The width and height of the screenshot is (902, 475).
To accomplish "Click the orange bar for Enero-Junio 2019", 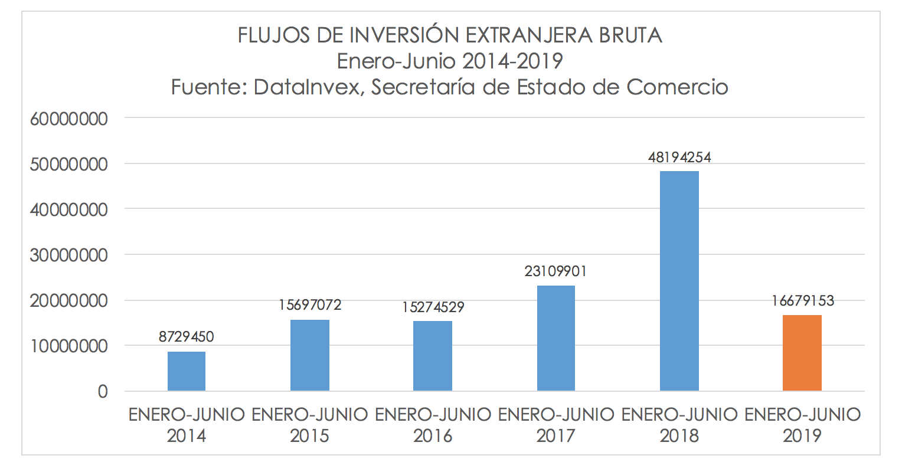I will pos(802,353).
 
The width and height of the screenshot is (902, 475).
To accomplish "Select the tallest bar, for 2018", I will pos(679,281).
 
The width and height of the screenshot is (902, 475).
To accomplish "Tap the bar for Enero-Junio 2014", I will pos(187,371).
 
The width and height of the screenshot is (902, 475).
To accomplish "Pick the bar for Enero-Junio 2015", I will pos(310,355).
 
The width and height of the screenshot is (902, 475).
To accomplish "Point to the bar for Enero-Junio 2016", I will pos(433,356).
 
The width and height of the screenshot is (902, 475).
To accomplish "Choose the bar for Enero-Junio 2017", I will pos(556,338).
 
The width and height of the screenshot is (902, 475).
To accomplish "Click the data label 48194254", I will pos(679,158).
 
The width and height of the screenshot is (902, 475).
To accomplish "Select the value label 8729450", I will pos(187,338).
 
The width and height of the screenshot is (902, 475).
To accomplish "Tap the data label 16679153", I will pos(802,302).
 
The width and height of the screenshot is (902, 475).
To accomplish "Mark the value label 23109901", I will pos(556,272).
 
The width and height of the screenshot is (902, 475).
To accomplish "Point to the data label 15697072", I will pos(310,306).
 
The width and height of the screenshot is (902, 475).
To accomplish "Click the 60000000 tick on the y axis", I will pos(68,119).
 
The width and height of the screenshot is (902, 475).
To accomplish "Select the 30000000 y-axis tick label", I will pos(68,255).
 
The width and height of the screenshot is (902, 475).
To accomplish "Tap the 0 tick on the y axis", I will pos(103,392).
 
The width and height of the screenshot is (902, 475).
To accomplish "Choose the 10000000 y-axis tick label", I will pos(68,346).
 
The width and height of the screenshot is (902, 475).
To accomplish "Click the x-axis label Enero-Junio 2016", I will pos(433,425).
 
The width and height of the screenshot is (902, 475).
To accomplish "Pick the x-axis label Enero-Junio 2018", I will pos(679,425).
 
